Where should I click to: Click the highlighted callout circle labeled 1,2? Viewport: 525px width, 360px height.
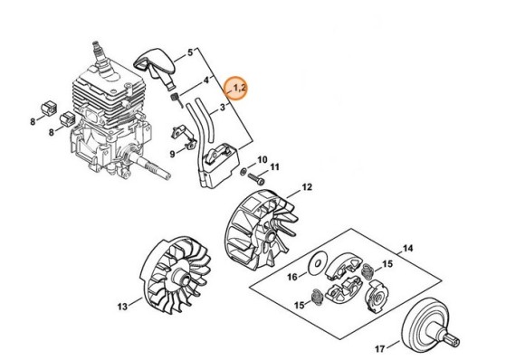tap(239, 88)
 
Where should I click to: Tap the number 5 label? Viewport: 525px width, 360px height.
tap(190, 53)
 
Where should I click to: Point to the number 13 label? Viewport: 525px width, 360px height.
tap(122, 307)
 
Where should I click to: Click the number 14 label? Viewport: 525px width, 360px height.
tap(407, 248)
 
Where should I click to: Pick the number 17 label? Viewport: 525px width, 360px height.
tap(380, 346)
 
